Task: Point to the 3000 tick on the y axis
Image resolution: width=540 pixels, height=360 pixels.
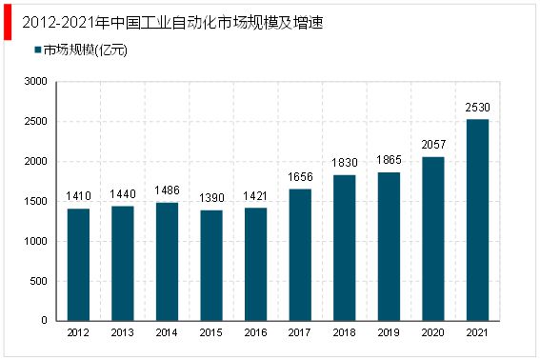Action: tap(35, 82)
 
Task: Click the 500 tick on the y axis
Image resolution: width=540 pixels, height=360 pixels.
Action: tap(38, 282)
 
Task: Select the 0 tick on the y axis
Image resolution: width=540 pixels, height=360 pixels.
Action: tap(44, 322)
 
